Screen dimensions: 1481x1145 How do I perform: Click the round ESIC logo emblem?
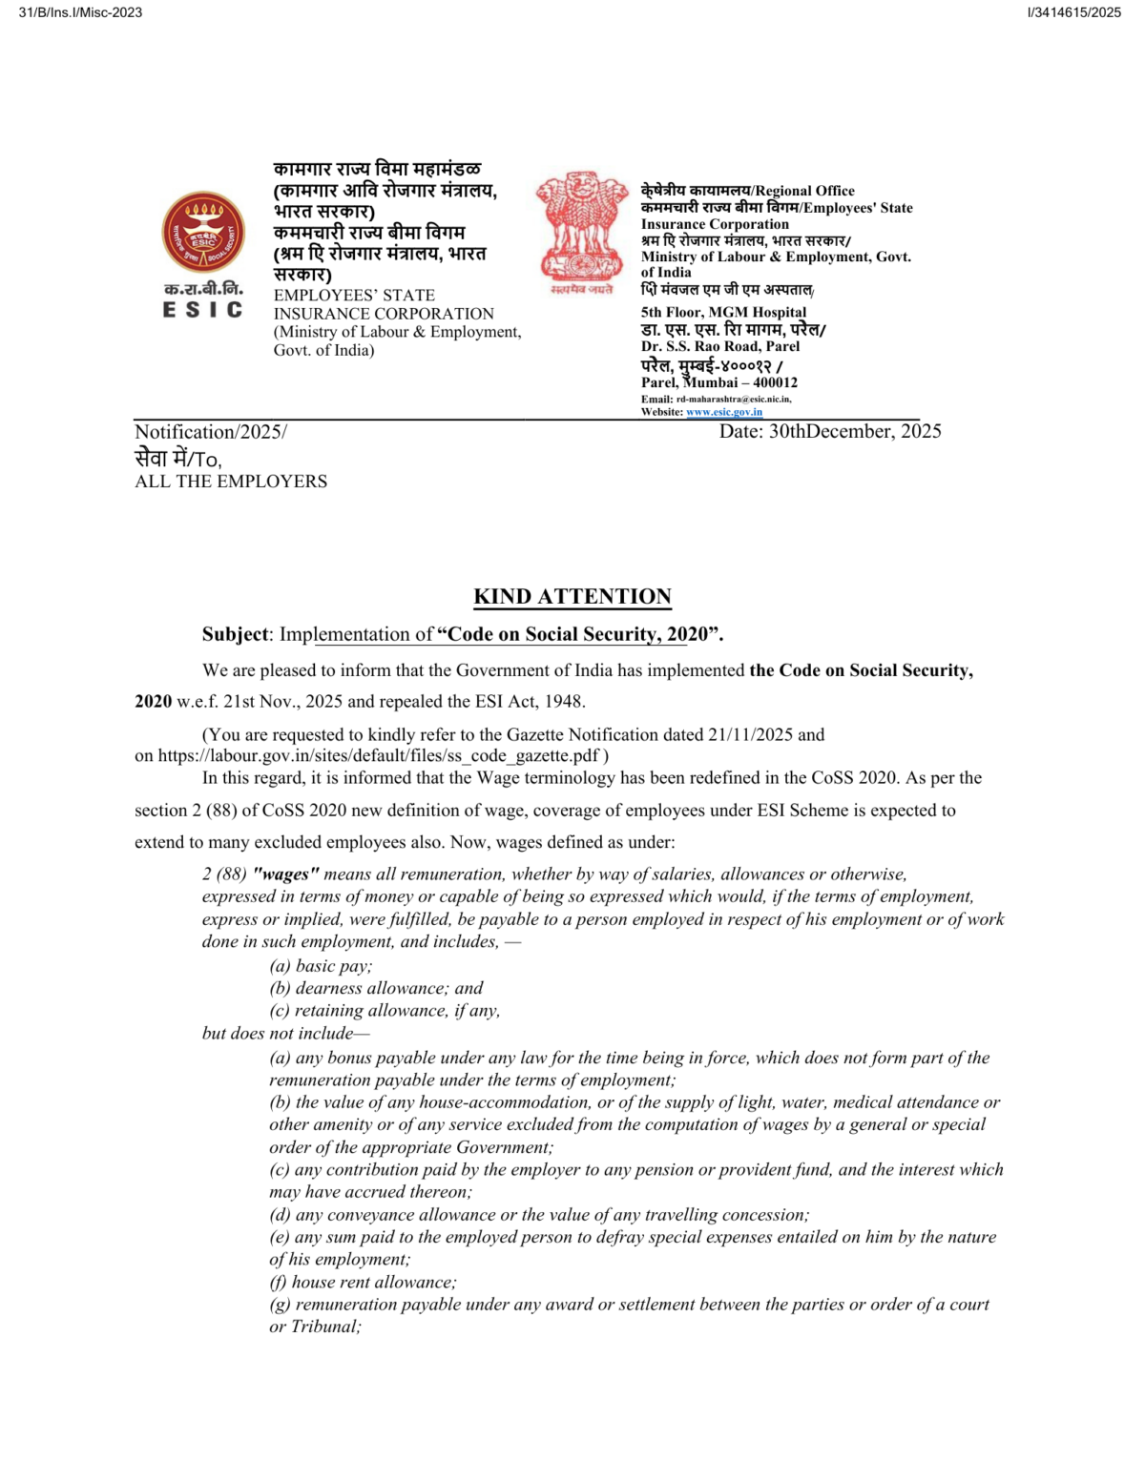(202, 233)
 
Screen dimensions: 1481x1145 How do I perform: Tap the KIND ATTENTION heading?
(572, 597)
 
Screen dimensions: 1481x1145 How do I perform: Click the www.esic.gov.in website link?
(724, 412)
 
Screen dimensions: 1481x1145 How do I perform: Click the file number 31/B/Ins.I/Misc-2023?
(80, 12)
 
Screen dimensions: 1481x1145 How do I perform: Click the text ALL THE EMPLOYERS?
(231, 482)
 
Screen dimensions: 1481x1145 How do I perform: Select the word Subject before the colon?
(236, 634)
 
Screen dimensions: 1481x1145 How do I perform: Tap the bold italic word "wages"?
(285, 874)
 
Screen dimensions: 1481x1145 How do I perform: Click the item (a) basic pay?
(321, 965)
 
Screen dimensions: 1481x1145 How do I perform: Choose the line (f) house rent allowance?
(363, 1282)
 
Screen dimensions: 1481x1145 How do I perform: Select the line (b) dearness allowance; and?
(376, 988)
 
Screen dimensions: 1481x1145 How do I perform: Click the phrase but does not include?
(284, 1033)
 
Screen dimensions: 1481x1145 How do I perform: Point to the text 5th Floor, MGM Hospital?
(723, 312)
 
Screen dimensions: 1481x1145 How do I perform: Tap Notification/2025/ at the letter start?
(210, 432)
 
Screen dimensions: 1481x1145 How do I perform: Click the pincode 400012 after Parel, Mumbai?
(776, 382)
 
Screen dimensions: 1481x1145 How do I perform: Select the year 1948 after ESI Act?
(562, 701)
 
